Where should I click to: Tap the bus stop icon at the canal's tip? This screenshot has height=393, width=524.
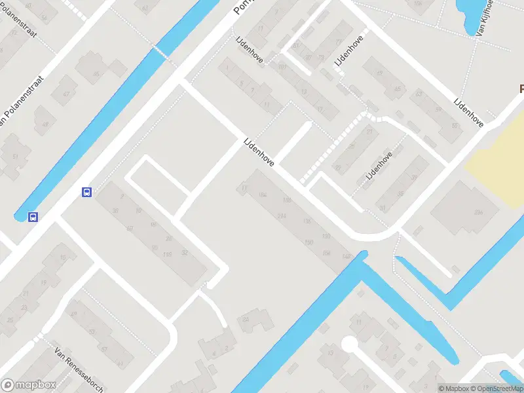point(32,217)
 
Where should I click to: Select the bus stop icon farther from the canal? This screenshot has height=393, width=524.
point(86,192)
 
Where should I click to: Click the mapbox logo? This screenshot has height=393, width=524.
point(29,385)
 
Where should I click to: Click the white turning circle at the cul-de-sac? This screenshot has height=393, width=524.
point(349,344)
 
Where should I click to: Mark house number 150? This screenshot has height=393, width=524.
point(309,244)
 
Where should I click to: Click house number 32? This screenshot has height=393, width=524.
point(184,253)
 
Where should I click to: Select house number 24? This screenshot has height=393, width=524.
point(246,319)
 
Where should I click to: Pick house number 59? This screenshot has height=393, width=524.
point(437,109)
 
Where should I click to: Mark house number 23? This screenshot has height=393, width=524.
point(24,307)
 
